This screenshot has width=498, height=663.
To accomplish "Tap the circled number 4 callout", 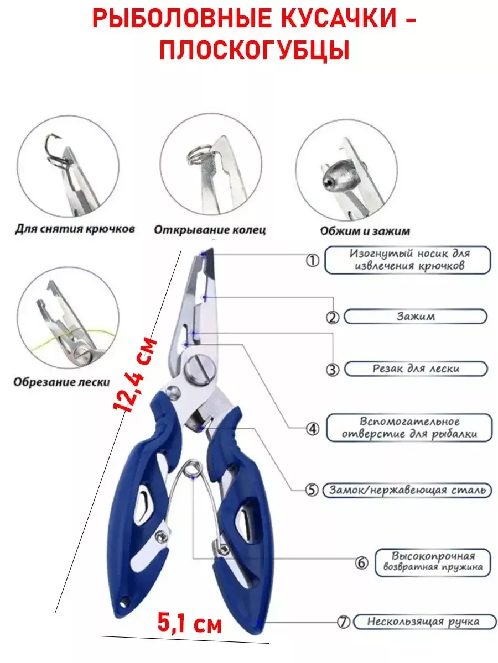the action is (313, 428).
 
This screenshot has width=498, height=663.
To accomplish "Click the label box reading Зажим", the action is (416, 317).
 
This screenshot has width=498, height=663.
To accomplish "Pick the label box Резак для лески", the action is (416, 369).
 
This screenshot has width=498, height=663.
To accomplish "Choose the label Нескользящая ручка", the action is (423, 622).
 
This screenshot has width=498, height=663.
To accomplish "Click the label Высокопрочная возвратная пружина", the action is (433, 561).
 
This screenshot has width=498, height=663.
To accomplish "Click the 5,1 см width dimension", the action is (189, 624).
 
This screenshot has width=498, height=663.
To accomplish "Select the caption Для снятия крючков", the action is (75, 229).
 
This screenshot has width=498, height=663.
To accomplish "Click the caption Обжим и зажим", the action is (365, 231).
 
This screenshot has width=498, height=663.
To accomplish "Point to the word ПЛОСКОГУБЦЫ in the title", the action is (254, 51).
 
